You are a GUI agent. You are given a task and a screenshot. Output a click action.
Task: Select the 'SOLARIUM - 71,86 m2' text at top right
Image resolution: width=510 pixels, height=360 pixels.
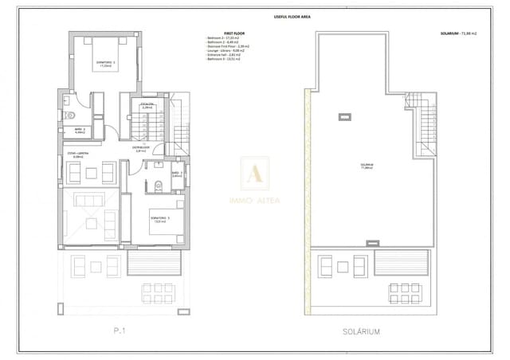click(x=461, y=34)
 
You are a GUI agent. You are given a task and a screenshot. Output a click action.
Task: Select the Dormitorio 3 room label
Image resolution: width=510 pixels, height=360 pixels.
click(x=160, y=219)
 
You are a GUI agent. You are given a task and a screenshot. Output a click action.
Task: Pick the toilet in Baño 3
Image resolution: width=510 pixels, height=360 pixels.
click(x=159, y=186)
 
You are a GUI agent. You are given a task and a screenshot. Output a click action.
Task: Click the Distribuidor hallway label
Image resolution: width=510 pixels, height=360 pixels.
click(x=141, y=150)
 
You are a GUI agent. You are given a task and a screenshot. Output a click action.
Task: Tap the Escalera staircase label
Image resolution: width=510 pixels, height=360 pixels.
click(x=147, y=105)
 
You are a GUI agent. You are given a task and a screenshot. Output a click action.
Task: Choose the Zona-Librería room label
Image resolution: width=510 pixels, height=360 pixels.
click(x=78, y=155)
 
